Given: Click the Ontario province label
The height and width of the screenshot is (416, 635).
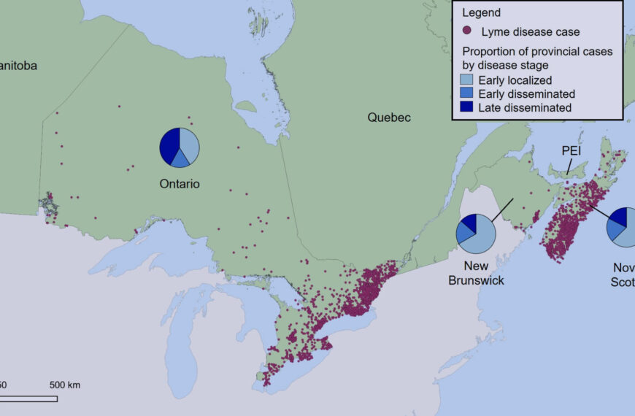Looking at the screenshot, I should click(x=180, y=184).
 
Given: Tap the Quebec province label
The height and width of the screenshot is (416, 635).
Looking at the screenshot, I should click(x=389, y=117).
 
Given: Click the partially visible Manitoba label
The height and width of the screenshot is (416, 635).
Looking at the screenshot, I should click(x=18, y=66).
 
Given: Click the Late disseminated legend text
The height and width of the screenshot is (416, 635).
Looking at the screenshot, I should click(x=524, y=107).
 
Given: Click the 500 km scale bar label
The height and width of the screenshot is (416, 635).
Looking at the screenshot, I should click(x=65, y=385).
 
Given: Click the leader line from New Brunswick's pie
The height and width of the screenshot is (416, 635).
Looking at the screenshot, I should click(x=502, y=209).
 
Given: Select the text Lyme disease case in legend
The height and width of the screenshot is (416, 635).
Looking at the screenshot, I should click(x=530, y=31).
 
